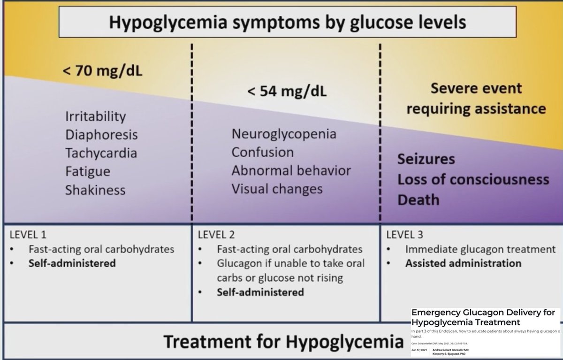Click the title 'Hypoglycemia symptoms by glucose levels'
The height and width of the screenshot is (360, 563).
click(281, 22)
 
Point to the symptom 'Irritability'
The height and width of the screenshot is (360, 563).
click(96, 116)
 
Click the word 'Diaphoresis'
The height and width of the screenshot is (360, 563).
click(102, 135)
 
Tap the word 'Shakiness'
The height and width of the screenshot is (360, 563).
click(96, 190)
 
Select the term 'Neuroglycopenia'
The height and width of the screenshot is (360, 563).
click(284, 134)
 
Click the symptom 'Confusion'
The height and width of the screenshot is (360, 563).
click(262, 153)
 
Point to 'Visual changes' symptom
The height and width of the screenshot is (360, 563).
click(277, 189)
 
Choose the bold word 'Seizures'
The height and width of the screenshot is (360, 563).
click(426, 159)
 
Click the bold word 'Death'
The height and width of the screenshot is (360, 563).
click(418, 200)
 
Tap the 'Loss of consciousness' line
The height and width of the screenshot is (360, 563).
click(473, 180)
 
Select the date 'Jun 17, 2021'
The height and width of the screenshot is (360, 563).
click(419, 350)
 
